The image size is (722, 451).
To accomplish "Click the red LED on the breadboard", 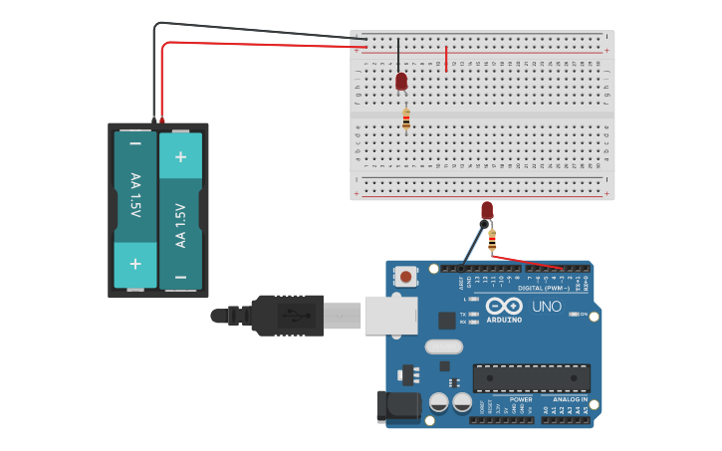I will pyautogui.click(x=401, y=82).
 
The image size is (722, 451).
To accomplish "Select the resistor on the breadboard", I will pyautogui.click(x=405, y=119).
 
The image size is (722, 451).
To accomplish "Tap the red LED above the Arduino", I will pyautogui.click(x=487, y=210).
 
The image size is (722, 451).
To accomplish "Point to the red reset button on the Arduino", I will pyautogui.click(x=406, y=276).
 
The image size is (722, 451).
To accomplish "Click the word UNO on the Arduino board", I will pyautogui.click(x=547, y=307).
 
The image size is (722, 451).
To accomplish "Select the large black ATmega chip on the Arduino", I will pyautogui.click(x=531, y=378).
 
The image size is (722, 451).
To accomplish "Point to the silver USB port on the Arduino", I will pyautogui.click(x=390, y=316).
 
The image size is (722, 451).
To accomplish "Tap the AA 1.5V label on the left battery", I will pyautogui.click(x=134, y=195).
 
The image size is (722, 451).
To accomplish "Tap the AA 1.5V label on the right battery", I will pyautogui.click(x=180, y=225).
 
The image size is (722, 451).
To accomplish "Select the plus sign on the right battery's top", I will pyautogui.click(x=180, y=156).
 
